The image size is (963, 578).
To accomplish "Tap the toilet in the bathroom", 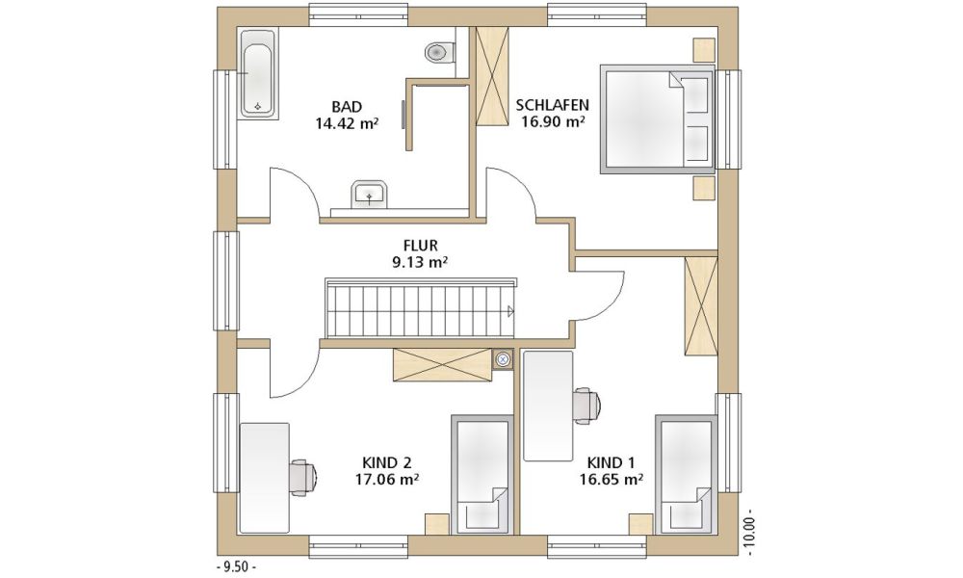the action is click(x=440, y=52).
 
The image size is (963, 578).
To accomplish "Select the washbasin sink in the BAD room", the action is click(x=369, y=194).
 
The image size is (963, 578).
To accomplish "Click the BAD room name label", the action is click(x=347, y=107).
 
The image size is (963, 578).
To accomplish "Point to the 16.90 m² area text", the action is click(x=553, y=121).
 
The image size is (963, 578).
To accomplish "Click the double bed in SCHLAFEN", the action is click(x=658, y=119).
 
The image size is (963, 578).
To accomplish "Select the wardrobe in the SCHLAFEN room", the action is click(x=492, y=76).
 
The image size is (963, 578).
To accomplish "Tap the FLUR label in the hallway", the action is click(x=420, y=246).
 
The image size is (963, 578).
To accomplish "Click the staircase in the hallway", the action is click(x=421, y=308).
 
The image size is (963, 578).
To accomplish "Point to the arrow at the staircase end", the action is click(x=510, y=311).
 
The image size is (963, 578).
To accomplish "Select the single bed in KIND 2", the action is click(x=482, y=475).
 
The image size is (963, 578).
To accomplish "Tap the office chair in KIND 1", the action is click(x=587, y=406).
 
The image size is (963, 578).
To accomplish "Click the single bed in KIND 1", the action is click(x=686, y=475).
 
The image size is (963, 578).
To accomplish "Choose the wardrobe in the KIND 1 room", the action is click(x=701, y=306).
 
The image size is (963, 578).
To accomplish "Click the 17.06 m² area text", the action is click(x=387, y=479).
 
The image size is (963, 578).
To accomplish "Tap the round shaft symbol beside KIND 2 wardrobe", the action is click(x=503, y=358).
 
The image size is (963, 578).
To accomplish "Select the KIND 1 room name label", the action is click(x=612, y=462).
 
